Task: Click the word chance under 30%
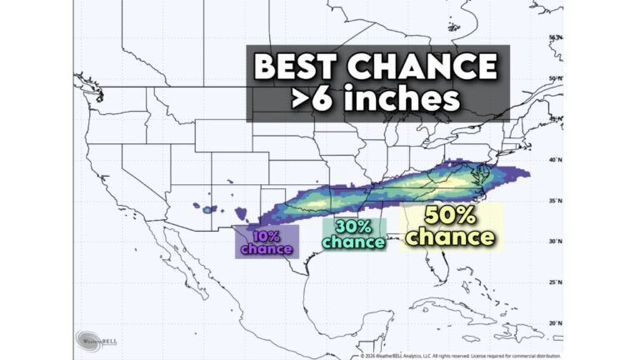(x=353, y=242)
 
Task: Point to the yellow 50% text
(x=451, y=215)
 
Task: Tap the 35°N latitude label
(x=553, y=201)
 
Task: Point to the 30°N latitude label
(x=553, y=242)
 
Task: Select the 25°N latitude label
(x=553, y=282)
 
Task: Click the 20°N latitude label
(x=553, y=322)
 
